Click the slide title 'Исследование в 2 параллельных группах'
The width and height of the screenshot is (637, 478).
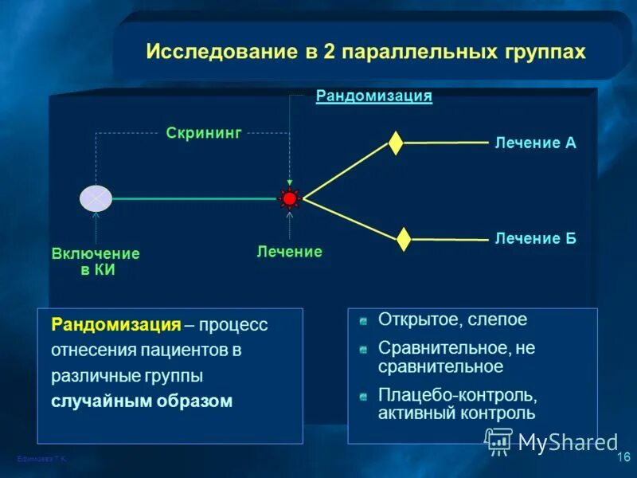pyautogui.click(x=365, y=52)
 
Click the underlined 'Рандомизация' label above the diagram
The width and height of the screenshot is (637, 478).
pyautogui.click(x=373, y=96)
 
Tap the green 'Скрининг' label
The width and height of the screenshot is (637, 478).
pyautogui.click(x=203, y=133)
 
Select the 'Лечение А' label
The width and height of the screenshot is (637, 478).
pyautogui.click(x=535, y=143)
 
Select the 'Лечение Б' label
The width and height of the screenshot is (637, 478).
pyautogui.click(x=535, y=238)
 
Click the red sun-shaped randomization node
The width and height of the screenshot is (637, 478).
pyautogui.click(x=290, y=198)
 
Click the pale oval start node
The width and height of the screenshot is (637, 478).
pyautogui.click(x=96, y=198)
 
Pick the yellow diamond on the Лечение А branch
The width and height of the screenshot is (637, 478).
pyautogui.click(x=396, y=143)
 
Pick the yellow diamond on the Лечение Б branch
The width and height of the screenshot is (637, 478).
pyautogui.click(x=404, y=238)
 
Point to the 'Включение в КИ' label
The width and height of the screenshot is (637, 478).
pyautogui.click(x=96, y=261)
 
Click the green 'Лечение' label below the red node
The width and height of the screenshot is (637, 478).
pyautogui.click(x=289, y=252)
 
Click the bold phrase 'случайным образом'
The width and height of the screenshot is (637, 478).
pyautogui.click(x=142, y=401)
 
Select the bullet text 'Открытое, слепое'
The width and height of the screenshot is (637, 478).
pyautogui.click(x=452, y=320)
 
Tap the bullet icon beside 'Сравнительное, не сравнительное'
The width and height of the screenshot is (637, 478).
pyautogui.click(x=363, y=350)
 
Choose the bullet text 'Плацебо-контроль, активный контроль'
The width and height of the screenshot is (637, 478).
pyautogui.click(x=457, y=404)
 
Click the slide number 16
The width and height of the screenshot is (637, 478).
pyautogui.click(x=623, y=456)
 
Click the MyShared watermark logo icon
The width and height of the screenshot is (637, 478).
pyautogui.click(x=499, y=441)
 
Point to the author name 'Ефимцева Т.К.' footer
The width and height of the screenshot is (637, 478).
pyautogui.click(x=41, y=460)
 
